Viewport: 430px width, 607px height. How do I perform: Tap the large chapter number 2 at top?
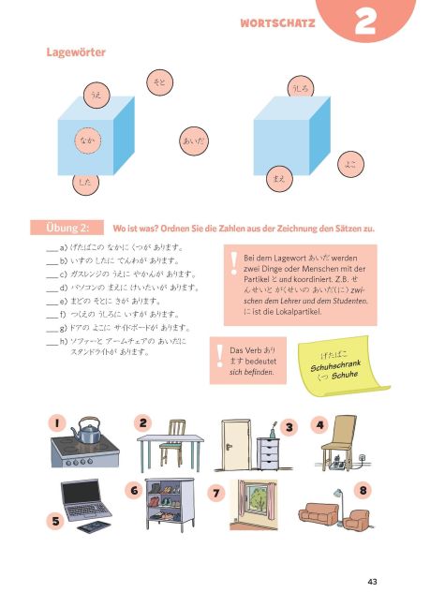coord(366,22)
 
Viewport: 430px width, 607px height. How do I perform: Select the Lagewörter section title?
coord(77,53)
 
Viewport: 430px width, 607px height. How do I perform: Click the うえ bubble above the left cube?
coord(95,96)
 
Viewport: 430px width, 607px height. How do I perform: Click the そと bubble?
coord(159,83)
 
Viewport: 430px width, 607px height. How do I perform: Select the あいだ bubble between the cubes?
coord(193,141)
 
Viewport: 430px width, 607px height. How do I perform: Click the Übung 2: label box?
coord(67,228)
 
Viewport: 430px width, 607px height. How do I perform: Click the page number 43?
coord(372,582)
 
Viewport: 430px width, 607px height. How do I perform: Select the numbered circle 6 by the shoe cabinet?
coord(134,490)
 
